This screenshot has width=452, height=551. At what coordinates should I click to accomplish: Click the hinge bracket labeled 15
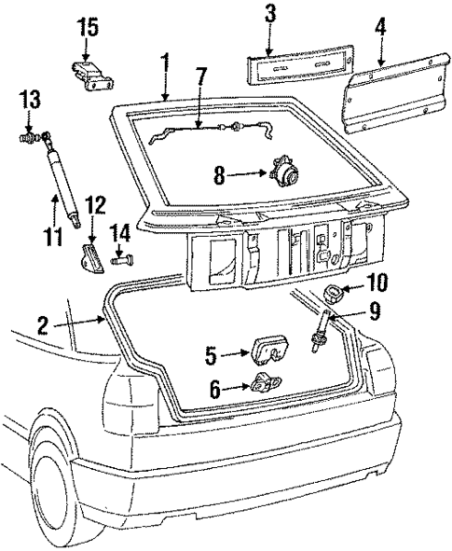click(x=89, y=75)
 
